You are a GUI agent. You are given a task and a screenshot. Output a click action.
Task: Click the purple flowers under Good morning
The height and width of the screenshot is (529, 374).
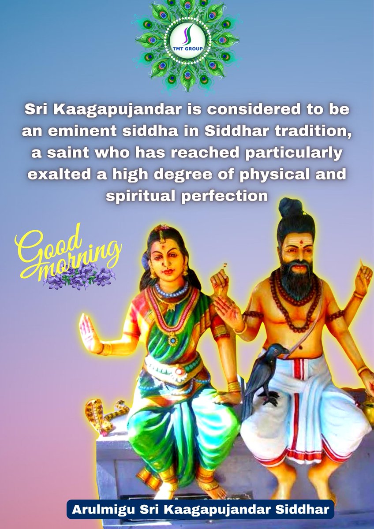79,278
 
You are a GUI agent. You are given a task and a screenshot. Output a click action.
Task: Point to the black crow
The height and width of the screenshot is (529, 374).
265,370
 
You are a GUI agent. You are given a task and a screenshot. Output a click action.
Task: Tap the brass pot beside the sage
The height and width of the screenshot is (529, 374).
369,403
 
